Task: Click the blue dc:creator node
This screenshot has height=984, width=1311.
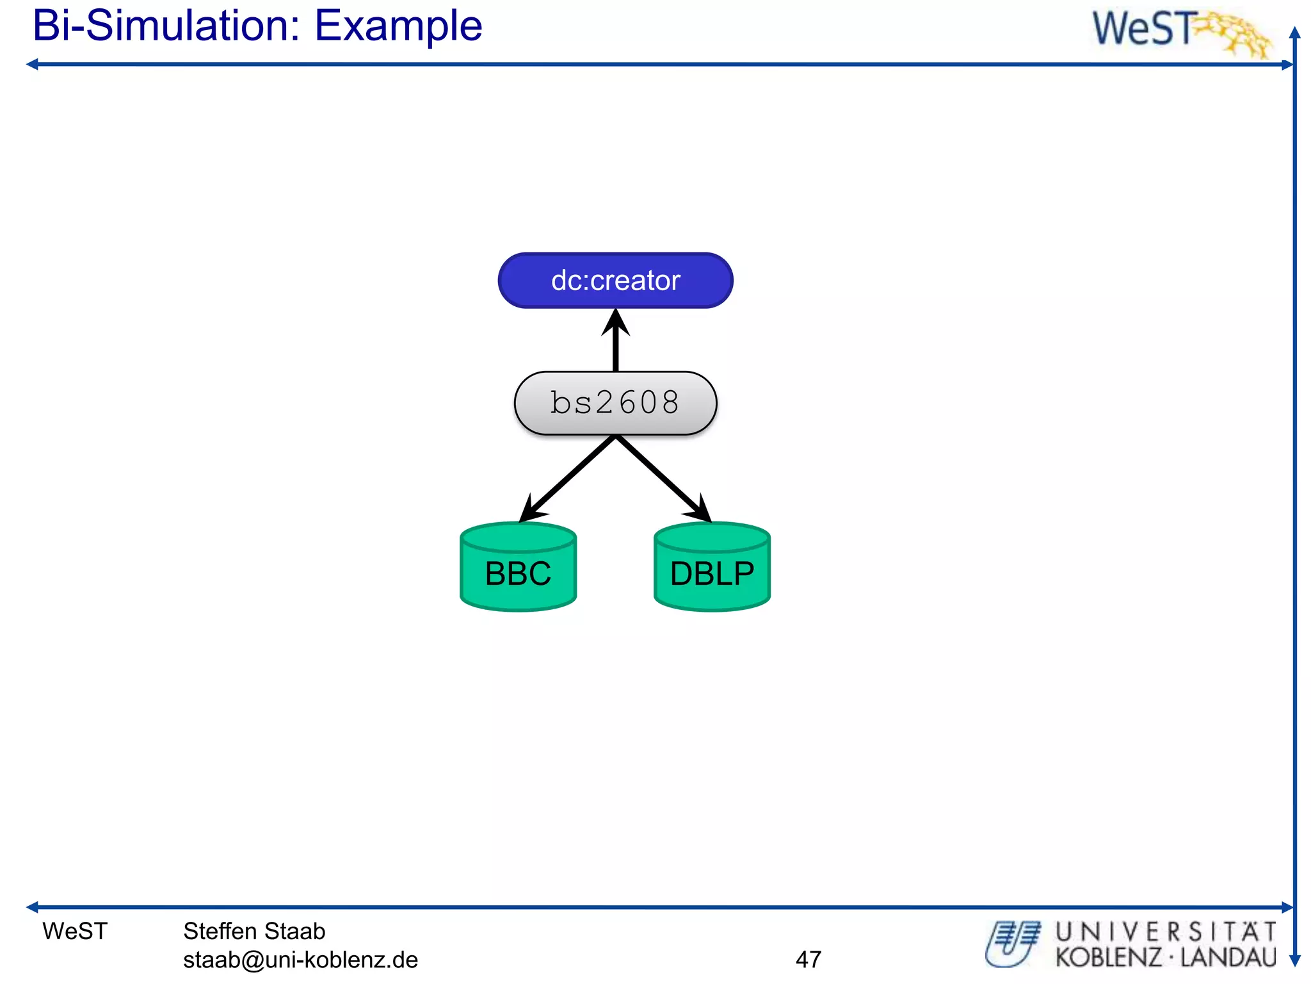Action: click(615, 281)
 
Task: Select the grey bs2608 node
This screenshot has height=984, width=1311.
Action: click(615, 403)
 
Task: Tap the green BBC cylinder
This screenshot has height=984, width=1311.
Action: click(518, 568)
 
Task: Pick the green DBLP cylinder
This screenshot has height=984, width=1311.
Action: click(712, 568)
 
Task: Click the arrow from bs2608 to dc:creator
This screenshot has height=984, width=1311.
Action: click(615, 343)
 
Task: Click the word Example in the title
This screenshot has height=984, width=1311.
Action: click(398, 27)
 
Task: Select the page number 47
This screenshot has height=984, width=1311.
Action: click(808, 959)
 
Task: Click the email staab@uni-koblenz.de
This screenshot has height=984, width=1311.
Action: click(300, 960)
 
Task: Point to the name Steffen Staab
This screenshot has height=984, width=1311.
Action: click(254, 931)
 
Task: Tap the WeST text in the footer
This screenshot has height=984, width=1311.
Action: click(75, 931)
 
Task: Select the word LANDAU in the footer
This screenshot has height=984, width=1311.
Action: click(1228, 958)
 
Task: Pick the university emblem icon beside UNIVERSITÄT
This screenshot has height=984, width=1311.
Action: click(1013, 944)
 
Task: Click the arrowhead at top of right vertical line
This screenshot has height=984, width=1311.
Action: click(1295, 33)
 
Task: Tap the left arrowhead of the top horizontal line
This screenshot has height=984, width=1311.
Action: click(32, 64)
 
